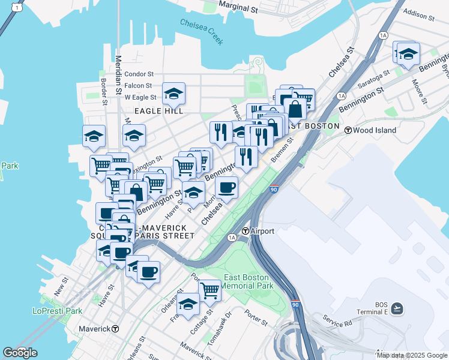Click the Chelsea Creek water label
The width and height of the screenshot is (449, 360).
pyautogui.click(x=202, y=31)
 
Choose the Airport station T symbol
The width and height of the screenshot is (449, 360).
pyautogui.click(x=246, y=231)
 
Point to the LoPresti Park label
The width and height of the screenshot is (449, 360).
pyautogui.click(x=57, y=311)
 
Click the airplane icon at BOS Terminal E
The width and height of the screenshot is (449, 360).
pyautogui.click(x=397, y=308)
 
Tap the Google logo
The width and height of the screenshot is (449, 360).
pyautogui.click(x=20, y=352)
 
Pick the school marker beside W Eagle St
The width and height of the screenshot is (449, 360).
pyautogui.click(x=173, y=93)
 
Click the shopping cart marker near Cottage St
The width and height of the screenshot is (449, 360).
pyautogui.click(x=209, y=290)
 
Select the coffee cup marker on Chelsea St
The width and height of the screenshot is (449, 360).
pyautogui.click(x=227, y=187)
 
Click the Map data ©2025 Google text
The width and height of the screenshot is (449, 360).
pyautogui.click(x=411, y=355)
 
